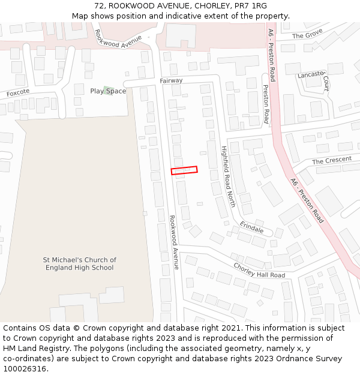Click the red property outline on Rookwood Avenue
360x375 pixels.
coord(184,170)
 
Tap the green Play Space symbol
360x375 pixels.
coord(107,90)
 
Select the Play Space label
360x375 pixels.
coord(109,91)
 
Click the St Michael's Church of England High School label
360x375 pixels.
coord(80,264)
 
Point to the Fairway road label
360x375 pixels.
coord(171,80)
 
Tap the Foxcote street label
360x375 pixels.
coord(18,94)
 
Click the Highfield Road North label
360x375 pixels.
coord(228,177)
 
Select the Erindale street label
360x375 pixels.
coord(251,227)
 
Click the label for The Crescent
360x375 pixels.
coord(332,161)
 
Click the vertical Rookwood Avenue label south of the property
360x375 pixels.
coord(174,242)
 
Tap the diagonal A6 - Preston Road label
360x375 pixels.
coord(307,200)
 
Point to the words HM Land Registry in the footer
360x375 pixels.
coord(31,349)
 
